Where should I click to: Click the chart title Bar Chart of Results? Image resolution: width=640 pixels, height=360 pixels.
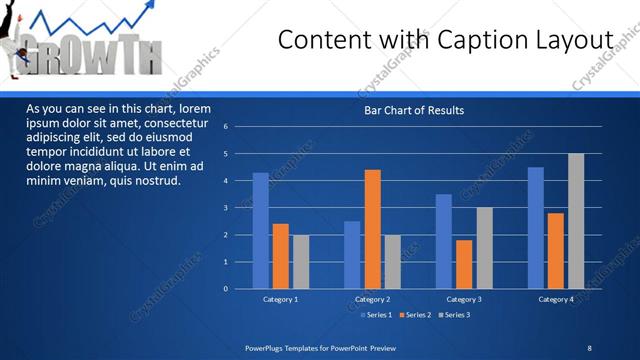click(413, 110)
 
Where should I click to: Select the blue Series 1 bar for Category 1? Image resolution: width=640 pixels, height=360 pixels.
click(260, 230)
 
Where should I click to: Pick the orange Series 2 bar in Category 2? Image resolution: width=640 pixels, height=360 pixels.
click(372, 229)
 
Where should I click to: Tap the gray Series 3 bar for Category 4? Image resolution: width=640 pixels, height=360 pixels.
click(576, 221)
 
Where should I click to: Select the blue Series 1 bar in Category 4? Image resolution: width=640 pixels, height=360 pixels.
click(536, 228)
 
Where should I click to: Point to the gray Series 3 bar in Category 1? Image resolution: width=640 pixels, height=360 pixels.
click(300, 261)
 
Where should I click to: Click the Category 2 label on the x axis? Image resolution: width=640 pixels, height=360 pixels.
click(372, 299)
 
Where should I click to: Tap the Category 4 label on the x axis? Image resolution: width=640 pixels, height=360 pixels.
click(556, 299)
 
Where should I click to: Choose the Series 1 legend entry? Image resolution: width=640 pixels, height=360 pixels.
click(375, 315)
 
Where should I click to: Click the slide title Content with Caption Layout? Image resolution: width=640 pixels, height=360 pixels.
click(445, 39)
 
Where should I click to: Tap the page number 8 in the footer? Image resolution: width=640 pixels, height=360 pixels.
click(589, 347)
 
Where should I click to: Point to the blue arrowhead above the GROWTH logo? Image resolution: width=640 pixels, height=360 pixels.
click(151, 7)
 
